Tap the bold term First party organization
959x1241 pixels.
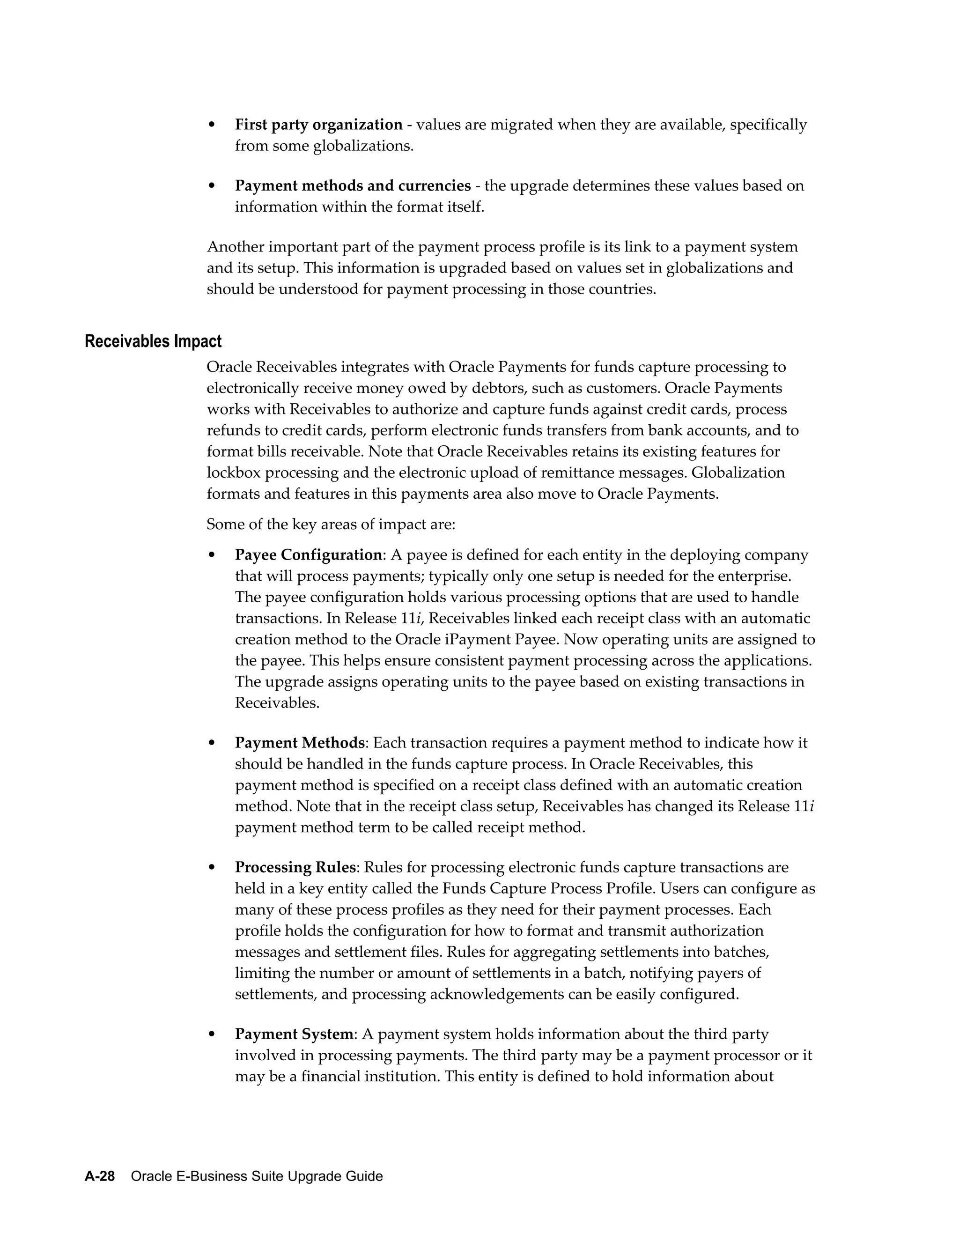pyautogui.click(x=319, y=125)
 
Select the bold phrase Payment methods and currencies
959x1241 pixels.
pyautogui.click(x=353, y=186)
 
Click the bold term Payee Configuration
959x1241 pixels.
pyautogui.click(x=309, y=554)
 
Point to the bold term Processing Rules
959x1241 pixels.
pyautogui.click(x=295, y=868)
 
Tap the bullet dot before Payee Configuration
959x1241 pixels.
pyautogui.click(x=212, y=555)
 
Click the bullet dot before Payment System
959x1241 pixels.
pyautogui.click(x=212, y=1035)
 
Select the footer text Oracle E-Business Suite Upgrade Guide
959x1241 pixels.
pyautogui.click(x=257, y=1176)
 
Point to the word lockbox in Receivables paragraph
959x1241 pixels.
pyautogui.click(x=233, y=473)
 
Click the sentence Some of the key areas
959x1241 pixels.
pyautogui.click(x=331, y=524)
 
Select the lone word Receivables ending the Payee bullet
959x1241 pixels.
pyautogui.click(x=277, y=703)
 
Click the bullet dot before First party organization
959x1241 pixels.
pyautogui.click(x=212, y=125)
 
